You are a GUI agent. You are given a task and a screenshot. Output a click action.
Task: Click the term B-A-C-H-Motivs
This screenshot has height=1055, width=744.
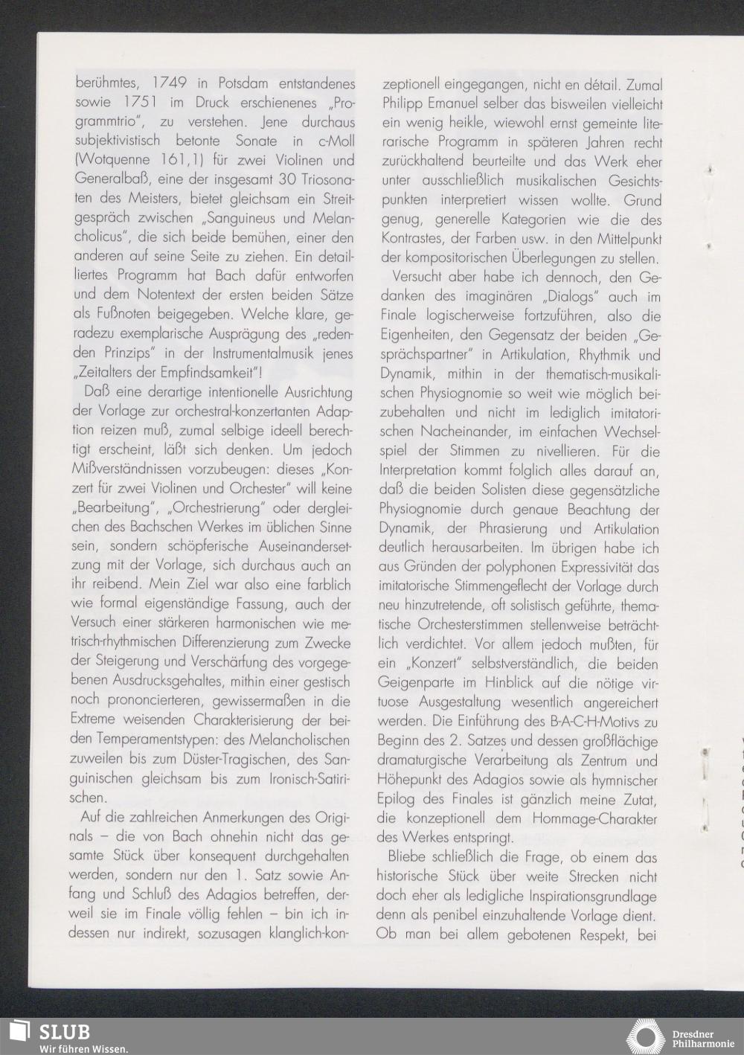(587, 721)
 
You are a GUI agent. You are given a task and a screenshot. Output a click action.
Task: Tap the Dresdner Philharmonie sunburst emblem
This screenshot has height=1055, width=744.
(647, 1036)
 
